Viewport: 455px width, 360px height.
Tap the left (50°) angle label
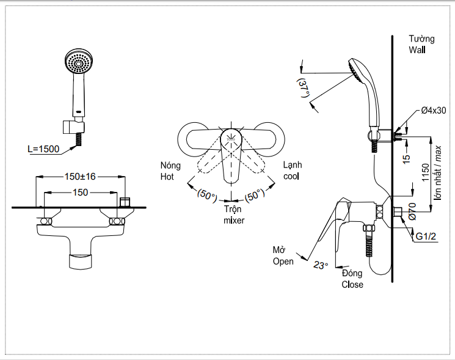(x=206, y=196)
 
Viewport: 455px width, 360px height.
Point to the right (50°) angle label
(x=255, y=196)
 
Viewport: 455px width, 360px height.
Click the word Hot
(x=167, y=177)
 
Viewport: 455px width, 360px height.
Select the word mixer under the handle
(x=234, y=220)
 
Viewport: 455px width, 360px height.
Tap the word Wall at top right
(x=418, y=51)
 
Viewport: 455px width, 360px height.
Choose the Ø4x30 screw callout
(x=434, y=111)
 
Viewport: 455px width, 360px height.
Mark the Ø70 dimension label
(x=412, y=210)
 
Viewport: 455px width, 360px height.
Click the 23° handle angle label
(x=321, y=265)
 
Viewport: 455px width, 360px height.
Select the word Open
(x=283, y=262)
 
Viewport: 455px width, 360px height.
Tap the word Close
(x=352, y=284)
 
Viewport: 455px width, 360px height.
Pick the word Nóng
(x=170, y=166)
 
